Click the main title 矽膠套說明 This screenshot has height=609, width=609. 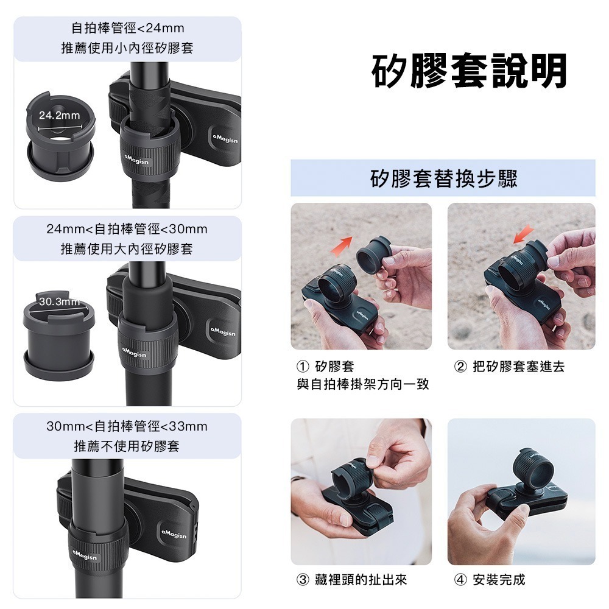pos(470,71)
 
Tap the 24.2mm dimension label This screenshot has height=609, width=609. pos(59,115)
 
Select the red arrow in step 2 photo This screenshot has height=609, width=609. pos(523,234)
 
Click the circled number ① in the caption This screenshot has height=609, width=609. pos(303,367)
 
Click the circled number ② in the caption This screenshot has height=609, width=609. pos(460,367)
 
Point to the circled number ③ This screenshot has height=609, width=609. pos(303,580)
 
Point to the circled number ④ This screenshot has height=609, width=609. pos(460,580)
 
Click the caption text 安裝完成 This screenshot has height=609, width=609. pos(499,580)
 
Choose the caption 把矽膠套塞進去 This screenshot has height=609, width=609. pos(518,367)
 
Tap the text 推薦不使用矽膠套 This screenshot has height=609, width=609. pos(127,446)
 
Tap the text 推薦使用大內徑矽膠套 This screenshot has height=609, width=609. pos(127,248)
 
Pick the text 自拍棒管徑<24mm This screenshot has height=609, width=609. pos(127,28)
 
